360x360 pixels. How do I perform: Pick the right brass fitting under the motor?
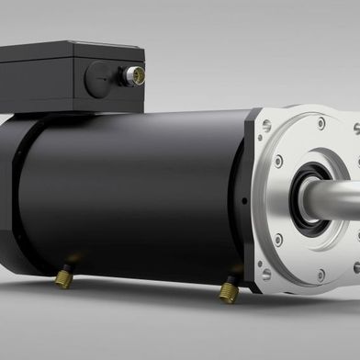coord(228,292)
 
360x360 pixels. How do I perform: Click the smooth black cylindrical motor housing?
coord(138,184)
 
